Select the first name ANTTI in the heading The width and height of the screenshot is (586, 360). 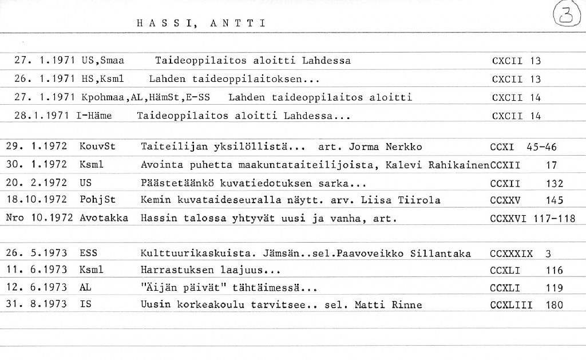(x=237, y=23)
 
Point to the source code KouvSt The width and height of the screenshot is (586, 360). (x=98, y=147)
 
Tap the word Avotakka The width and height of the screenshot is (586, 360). (x=104, y=218)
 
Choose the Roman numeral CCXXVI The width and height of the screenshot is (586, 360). (x=508, y=219)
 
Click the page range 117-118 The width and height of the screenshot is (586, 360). (x=554, y=219)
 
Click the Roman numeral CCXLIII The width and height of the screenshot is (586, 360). (x=511, y=306)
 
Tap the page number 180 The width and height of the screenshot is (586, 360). (x=554, y=306)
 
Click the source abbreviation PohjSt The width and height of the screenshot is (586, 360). (x=97, y=200)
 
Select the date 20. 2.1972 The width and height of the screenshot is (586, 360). (x=37, y=183)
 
